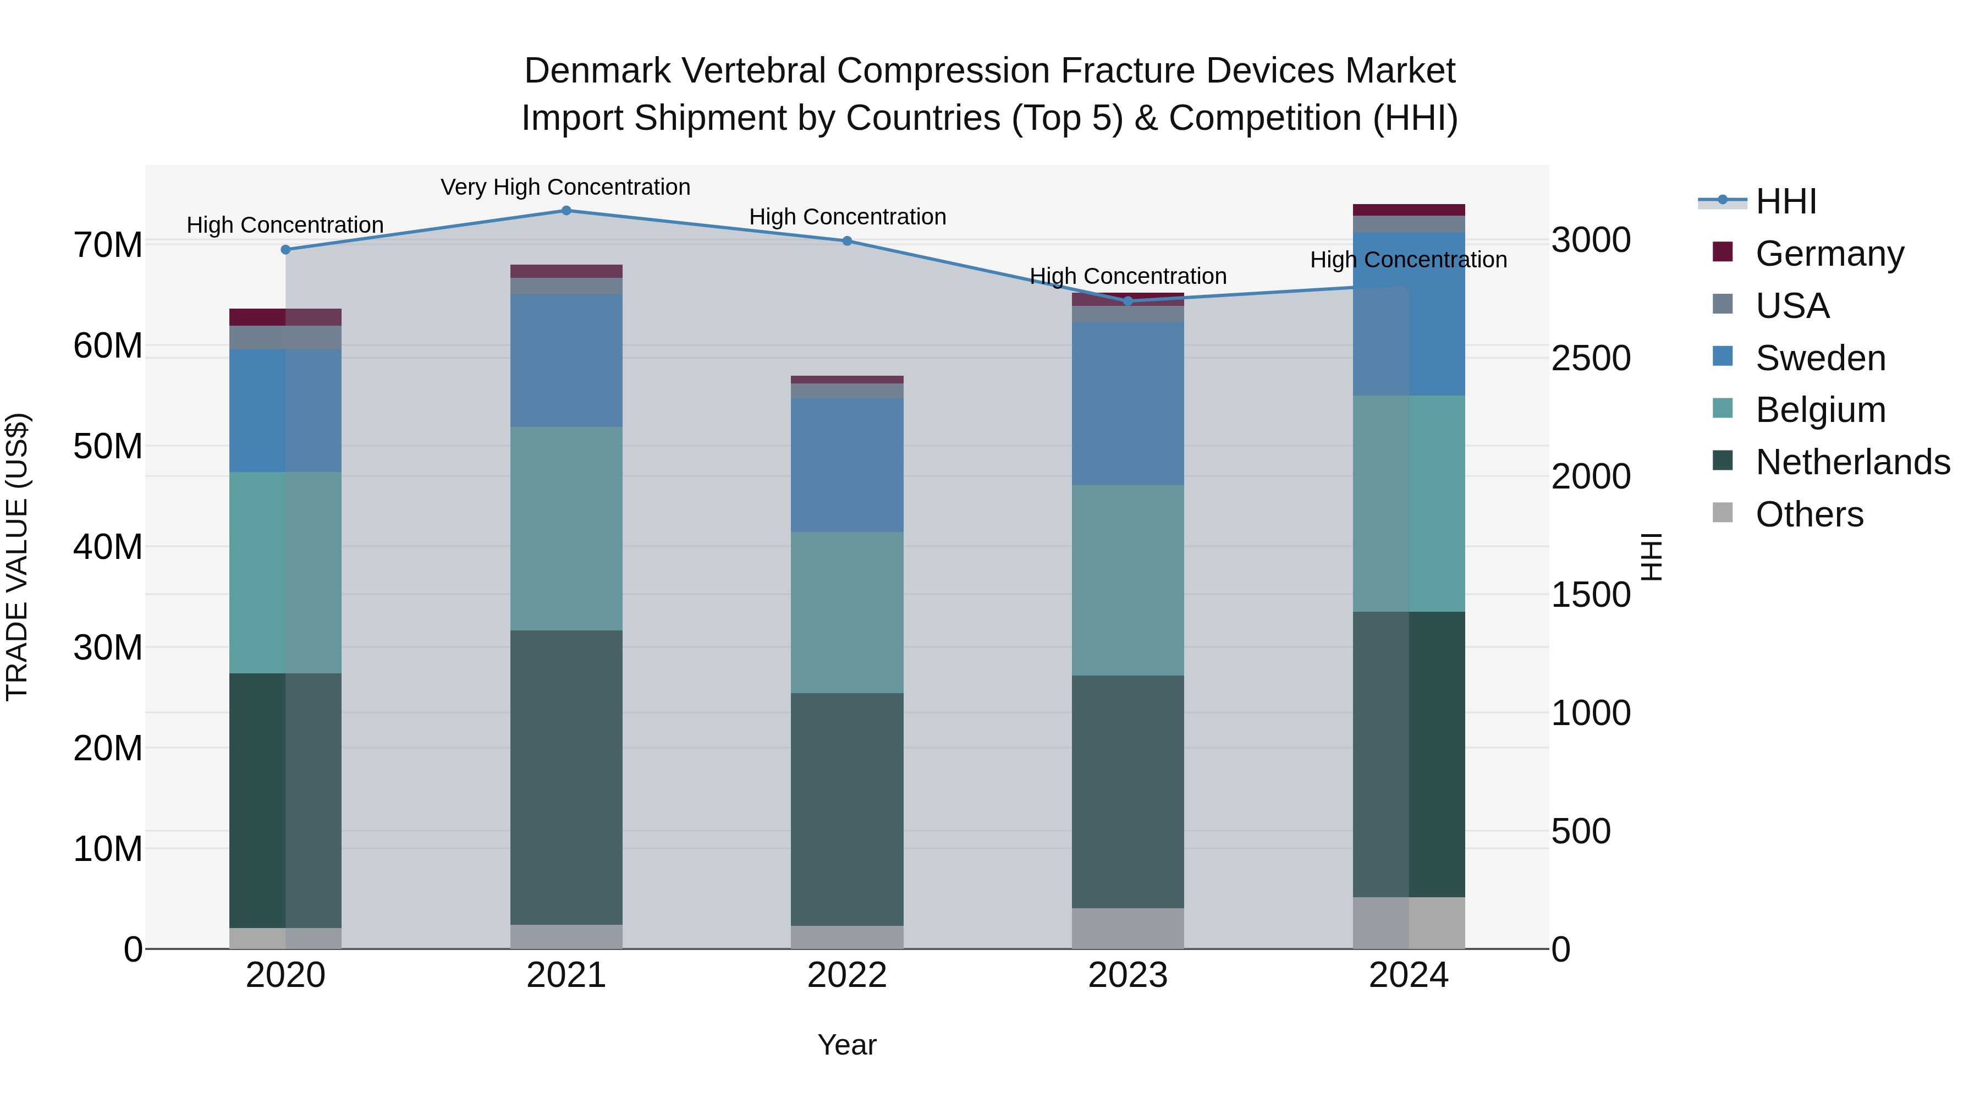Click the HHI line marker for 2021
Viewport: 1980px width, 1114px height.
[566, 210]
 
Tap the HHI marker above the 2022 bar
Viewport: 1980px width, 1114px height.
[847, 240]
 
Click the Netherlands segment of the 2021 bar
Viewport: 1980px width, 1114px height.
[566, 776]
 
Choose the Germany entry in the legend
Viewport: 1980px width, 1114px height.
[1829, 254]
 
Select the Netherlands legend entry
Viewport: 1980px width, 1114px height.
[1852, 462]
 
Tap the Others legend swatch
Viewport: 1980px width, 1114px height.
[1723, 513]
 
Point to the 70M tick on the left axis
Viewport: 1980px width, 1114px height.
[108, 245]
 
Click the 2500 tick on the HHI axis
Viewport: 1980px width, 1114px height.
[1590, 358]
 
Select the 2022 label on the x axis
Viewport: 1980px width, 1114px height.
[847, 975]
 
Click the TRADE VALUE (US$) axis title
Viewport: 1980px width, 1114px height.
[17, 557]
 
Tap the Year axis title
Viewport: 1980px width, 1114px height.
[847, 1045]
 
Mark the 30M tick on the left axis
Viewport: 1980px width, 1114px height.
[108, 647]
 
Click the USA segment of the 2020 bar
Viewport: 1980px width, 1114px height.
[285, 338]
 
